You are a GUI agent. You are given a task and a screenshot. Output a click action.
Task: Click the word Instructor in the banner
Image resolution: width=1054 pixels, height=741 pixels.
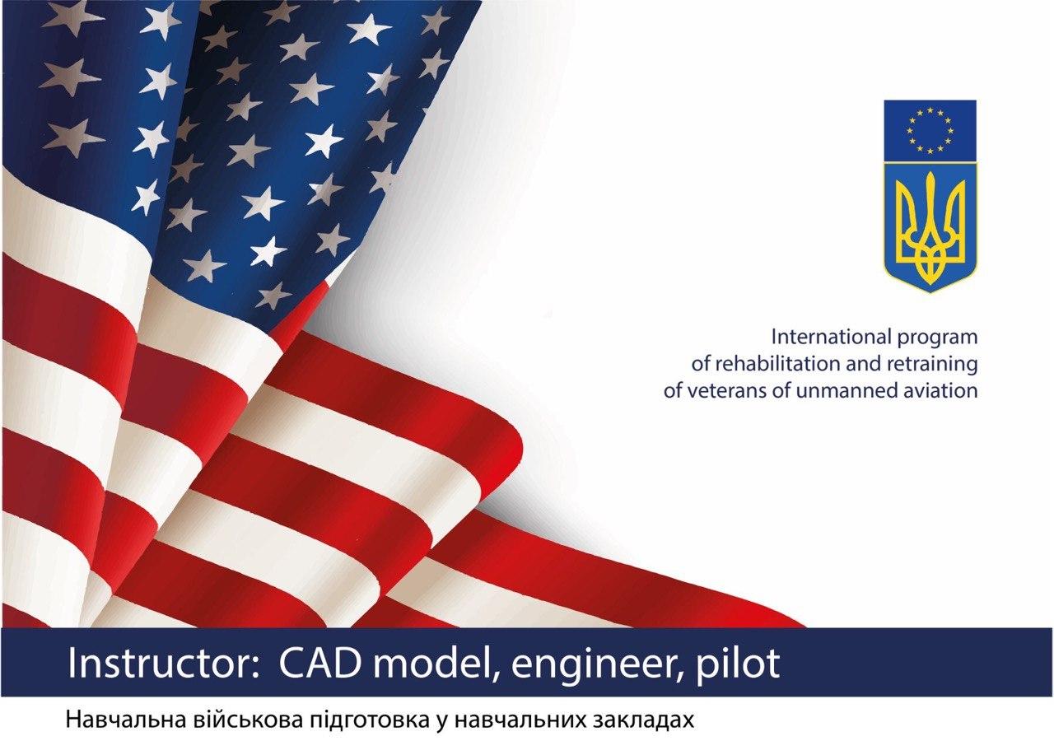160,663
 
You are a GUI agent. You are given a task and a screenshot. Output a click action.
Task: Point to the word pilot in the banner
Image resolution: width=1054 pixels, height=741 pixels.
739,664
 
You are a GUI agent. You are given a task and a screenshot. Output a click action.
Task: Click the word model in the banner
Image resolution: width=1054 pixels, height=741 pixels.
436,664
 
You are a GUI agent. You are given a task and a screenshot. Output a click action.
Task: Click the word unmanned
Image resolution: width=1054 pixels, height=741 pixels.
841,391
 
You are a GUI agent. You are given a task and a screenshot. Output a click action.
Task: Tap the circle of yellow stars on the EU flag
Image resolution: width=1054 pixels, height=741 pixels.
930,130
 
